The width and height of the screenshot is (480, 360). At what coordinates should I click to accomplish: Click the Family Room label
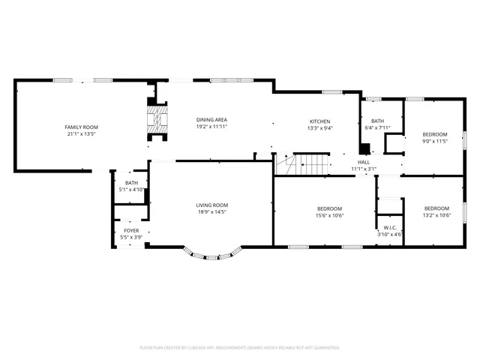[81, 127]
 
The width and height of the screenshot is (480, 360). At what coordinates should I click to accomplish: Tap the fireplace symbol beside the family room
[156, 120]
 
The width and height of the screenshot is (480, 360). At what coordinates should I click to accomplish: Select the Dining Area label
[211, 120]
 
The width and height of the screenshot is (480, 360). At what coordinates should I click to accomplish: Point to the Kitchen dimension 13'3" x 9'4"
[320, 128]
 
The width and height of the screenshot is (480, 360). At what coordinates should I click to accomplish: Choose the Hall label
[364, 162]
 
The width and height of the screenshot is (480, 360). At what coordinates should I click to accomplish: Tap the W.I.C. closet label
[389, 228]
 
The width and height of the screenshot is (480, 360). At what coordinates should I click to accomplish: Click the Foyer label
[131, 230]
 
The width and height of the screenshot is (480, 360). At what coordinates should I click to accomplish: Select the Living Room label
[212, 205]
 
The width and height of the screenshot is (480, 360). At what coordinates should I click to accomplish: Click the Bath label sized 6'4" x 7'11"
[377, 121]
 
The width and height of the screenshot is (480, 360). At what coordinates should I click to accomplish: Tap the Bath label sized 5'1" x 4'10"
[131, 183]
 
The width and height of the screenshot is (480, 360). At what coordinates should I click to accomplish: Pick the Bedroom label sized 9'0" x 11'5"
[435, 134]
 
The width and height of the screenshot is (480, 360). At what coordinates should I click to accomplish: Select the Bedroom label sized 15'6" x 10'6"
[329, 208]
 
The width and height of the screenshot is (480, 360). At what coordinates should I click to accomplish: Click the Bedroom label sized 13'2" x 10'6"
[436, 208]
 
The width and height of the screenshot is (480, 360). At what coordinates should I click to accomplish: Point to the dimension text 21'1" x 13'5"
[81, 134]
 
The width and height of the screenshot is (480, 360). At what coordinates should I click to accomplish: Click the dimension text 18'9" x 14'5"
[212, 212]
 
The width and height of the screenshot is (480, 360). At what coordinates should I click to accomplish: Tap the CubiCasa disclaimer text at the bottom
[240, 348]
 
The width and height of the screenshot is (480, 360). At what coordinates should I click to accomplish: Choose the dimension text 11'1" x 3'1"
[364, 169]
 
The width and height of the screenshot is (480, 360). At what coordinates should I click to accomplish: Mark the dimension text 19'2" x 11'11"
[211, 127]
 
